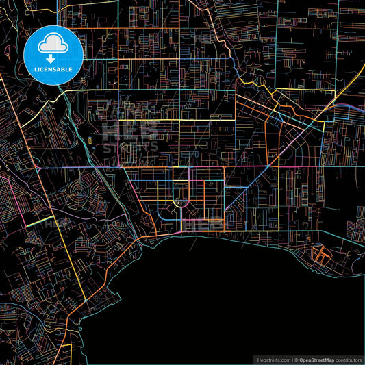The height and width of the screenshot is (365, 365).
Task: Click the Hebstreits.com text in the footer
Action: click(272, 360)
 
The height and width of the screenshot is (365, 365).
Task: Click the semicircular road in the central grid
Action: click(181, 203)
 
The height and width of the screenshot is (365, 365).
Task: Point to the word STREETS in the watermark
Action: click(130, 147)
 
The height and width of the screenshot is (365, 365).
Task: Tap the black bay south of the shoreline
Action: click(205, 301)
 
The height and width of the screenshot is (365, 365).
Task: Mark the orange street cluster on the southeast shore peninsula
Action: click(320, 255)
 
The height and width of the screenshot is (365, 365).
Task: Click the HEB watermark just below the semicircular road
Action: click(199, 223)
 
